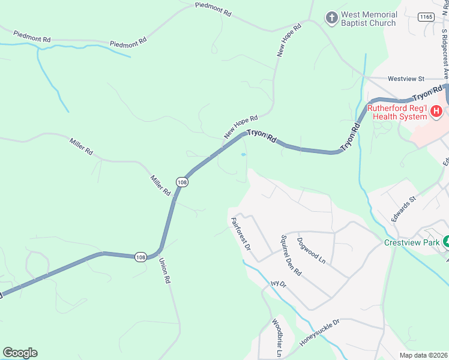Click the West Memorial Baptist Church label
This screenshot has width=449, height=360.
pos(369,19)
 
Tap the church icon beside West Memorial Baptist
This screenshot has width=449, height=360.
pos(331,19)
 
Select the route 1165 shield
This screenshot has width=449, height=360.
pos(427,17)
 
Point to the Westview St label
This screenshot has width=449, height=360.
pos(406,79)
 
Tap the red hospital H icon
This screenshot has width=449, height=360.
pos(436,111)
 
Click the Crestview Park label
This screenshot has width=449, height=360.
pos(412,243)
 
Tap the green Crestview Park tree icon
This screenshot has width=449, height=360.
pos(447,242)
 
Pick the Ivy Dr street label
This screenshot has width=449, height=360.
pos(279,284)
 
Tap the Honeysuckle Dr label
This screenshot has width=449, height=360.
pos(320,333)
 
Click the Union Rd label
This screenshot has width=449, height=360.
pos(164,271)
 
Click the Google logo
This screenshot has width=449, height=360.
pos(20,353)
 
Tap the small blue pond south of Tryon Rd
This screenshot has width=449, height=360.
pos(243,155)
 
